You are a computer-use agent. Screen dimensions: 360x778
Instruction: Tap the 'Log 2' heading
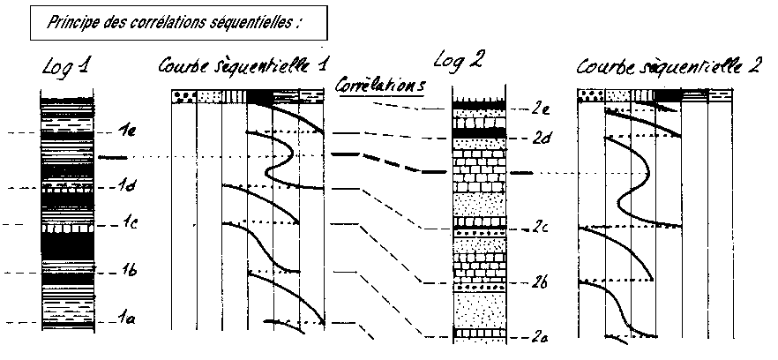coord(459,61)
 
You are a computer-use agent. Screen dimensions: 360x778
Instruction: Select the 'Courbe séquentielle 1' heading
coord(246,67)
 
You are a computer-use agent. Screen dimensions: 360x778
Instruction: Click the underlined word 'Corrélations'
coord(380,85)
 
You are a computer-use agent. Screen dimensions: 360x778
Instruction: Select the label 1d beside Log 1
coord(128,186)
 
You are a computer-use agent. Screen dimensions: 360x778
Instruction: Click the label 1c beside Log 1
coord(128,224)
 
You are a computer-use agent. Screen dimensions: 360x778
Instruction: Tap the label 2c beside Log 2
coord(539,227)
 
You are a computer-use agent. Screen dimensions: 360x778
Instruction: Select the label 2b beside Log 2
coord(540,283)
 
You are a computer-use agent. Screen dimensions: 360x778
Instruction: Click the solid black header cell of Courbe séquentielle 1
coord(260,96)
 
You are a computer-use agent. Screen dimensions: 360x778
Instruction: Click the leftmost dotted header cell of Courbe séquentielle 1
coord(183,96)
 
